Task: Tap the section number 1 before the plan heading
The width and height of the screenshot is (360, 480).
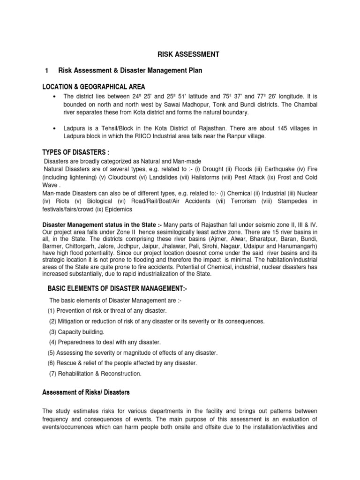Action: click(46, 70)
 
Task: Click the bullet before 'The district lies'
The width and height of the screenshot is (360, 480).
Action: click(55, 97)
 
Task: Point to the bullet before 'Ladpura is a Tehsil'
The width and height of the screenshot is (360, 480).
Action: click(55, 127)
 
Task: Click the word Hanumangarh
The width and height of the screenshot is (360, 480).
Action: click(296, 246)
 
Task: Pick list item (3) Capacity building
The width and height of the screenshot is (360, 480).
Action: click(77, 331)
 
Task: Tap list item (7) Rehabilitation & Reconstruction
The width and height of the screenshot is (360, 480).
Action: click(95, 374)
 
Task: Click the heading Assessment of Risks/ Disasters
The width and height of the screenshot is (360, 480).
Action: click(86, 391)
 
